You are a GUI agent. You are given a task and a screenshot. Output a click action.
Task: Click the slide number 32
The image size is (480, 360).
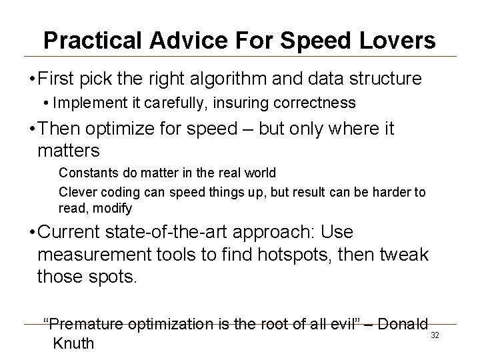(x=435, y=335)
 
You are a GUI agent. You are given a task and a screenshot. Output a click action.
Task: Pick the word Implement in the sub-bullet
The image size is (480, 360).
(x=82, y=103)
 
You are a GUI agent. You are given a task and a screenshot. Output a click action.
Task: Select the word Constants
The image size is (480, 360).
(x=85, y=173)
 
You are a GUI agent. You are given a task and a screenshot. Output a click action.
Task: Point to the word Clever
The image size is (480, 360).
(x=76, y=192)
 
